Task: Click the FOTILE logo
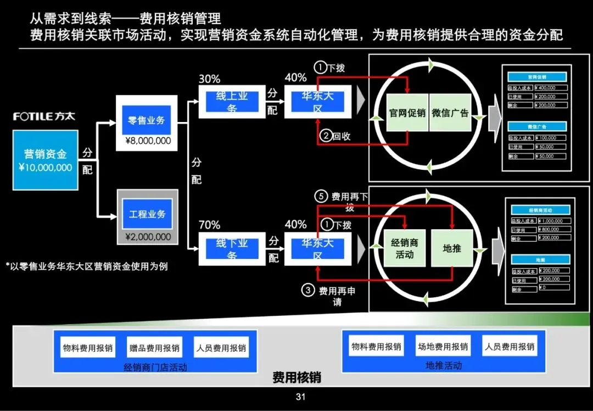pos(44,116)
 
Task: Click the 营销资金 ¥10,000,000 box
pos(45,160)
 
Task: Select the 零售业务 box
pos(147,120)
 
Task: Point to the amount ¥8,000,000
pos(148,141)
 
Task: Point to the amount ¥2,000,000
pos(148,237)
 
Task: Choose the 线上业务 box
pos(231,102)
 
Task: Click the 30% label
pos(209,78)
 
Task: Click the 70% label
pos(209,225)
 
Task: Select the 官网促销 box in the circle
pos(407,113)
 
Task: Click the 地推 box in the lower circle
pos(452,248)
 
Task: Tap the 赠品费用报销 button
pos(154,348)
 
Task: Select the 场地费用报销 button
pos(443,347)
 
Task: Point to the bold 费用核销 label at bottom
pos(296,378)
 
